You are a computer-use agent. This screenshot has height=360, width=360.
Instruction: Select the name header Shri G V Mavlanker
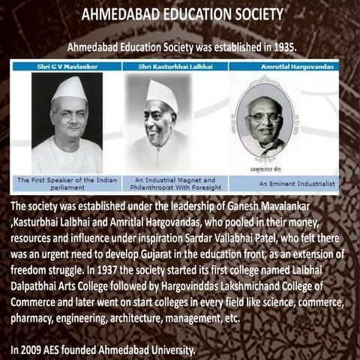[x=66, y=67]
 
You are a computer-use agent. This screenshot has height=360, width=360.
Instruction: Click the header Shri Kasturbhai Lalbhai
[x=175, y=67]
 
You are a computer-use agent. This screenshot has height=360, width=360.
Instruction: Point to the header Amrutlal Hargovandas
[x=283, y=67]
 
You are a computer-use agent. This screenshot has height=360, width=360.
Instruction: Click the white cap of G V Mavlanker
[x=68, y=87]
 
